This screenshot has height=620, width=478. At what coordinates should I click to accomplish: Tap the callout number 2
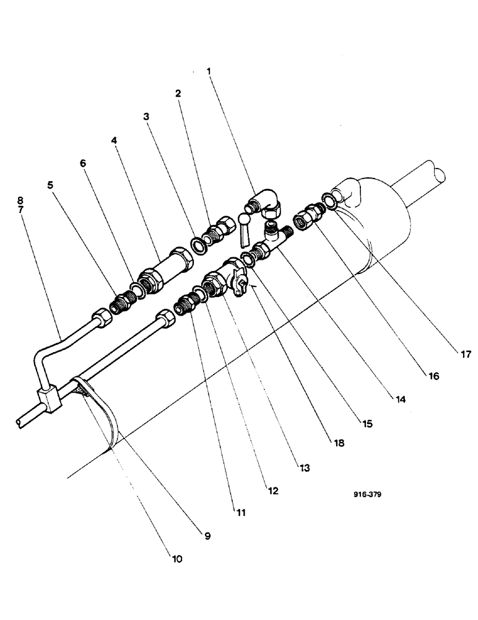coord(178,94)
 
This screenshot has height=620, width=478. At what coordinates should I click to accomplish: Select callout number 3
coord(146,116)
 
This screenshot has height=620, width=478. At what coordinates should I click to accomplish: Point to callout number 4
coord(115,140)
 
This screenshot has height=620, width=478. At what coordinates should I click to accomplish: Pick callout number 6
coord(82,163)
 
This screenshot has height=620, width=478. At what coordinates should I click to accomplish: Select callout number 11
coord(240,512)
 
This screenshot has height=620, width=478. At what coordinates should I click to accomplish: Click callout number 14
coord(401,400)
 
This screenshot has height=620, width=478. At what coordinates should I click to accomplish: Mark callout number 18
coord(337,443)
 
